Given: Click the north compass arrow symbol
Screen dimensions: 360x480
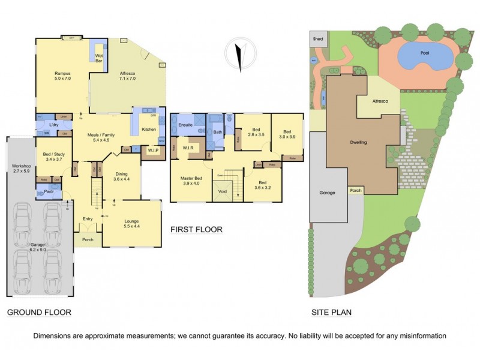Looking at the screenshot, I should [239, 53].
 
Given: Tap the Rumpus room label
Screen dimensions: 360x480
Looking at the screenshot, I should [63, 75].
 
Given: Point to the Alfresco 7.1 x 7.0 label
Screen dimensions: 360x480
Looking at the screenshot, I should [128, 75].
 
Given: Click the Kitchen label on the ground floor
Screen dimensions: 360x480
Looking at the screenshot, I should [149, 130].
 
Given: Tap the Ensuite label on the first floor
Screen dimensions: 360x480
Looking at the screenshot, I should [185, 125].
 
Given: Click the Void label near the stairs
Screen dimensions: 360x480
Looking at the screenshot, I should [223, 192].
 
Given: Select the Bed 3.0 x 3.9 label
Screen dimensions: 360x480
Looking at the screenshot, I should [287, 134].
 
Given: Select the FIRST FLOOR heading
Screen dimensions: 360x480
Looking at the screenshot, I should [196, 230].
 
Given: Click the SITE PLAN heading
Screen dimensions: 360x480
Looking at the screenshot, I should [331, 312].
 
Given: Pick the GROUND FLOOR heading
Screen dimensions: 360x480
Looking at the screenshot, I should [39, 312].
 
